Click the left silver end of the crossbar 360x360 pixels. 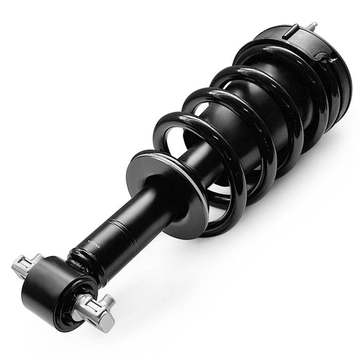pyautogui.click(x=26, y=264)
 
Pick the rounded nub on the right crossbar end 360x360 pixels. pyautogui.click(x=109, y=301)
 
